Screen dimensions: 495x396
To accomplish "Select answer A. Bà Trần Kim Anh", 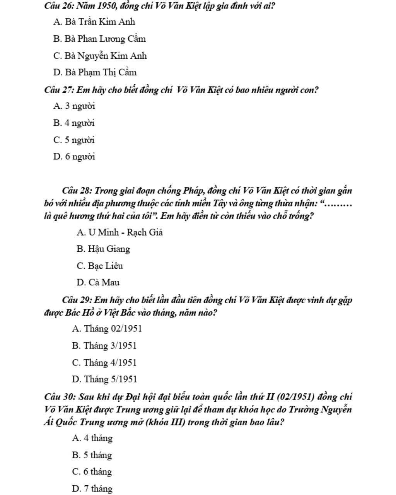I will click(94, 22).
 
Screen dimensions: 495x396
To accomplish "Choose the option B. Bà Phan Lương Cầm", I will click(99, 39).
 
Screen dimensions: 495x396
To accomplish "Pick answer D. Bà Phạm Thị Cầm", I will click(95, 72).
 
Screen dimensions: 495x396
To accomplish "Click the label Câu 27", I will click(59, 90).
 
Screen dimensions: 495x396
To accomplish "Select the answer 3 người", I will click(74, 106).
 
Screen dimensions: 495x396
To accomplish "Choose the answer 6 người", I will click(74, 157).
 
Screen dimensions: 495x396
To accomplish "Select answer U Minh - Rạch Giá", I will click(119, 232).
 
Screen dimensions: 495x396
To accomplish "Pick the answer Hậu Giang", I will click(103, 249).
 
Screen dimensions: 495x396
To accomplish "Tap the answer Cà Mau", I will click(98, 283).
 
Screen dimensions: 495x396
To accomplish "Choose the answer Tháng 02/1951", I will click(107, 329).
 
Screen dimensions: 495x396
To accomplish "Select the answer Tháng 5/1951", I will click(104, 379).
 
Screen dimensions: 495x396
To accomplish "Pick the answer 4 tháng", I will click(92, 438).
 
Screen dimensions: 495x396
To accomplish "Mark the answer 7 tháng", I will click(92, 489).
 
